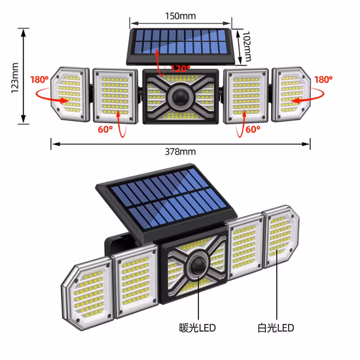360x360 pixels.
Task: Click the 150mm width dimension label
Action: pos(181,15)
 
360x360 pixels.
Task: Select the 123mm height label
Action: pos(14,77)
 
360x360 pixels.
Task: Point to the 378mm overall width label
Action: pos(181,152)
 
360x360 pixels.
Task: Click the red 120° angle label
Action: pos(180,68)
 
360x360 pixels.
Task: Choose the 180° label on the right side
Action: pos(323,80)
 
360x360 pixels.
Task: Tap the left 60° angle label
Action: pos(105,129)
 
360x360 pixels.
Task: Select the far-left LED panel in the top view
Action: pos(69,93)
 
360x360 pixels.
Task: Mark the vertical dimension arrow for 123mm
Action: pos(24,77)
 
